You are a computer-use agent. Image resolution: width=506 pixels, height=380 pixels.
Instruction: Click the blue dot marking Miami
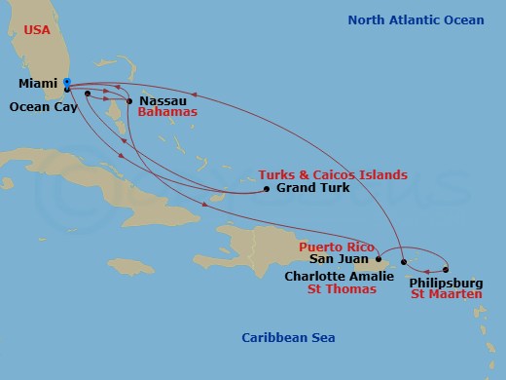tap(66, 82)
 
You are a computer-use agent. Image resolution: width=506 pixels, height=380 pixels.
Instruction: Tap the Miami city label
tap(37, 84)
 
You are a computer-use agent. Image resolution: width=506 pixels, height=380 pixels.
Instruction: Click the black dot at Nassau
tap(129, 100)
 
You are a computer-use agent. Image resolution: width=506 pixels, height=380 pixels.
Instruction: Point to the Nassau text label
tap(163, 100)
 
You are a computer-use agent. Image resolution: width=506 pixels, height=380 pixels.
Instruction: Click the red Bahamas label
tap(167, 113)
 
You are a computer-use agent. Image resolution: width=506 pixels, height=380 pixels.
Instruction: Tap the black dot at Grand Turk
tap(267, 189)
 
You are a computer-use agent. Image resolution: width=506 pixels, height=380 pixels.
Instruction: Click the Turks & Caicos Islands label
tap(333, 174)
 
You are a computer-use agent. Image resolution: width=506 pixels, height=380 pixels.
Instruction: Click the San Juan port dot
tap(379, 260)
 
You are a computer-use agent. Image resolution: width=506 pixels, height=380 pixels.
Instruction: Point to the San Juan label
tap(338, 260)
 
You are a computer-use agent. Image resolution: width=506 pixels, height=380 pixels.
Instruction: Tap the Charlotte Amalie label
tap(326, 276)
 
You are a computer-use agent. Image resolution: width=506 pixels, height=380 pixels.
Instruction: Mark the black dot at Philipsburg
tap(446, 270)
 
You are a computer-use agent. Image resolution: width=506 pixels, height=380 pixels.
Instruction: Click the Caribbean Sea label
tap(288, 337)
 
